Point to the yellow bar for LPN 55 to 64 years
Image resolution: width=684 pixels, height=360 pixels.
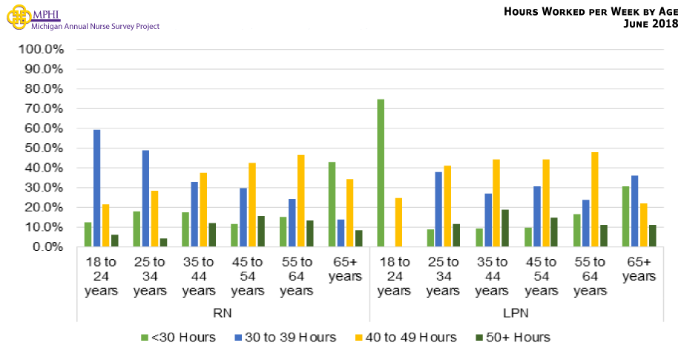click(x=595, y=199)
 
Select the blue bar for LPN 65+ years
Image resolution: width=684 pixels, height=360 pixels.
click(x=634, y=211)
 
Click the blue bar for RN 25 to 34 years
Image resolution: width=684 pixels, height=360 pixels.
click(x=145, y=198)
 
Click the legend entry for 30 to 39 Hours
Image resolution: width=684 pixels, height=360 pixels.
click(x=285, y=338)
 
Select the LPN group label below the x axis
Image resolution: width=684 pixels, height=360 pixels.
click(x=517, y=313)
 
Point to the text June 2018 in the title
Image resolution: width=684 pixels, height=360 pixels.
click(x=652, y=24)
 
